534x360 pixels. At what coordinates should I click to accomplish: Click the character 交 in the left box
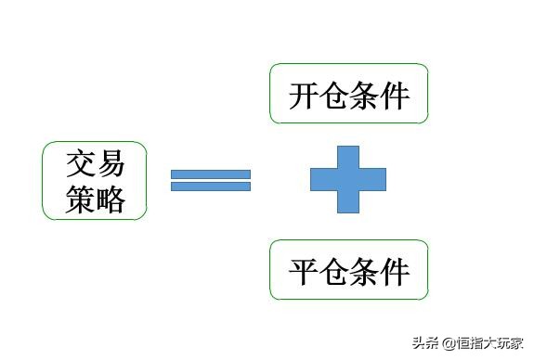[x=81, y=165]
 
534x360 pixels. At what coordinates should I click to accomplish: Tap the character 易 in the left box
[x=110, y=165]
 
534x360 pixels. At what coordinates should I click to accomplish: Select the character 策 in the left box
[x=81, y=199]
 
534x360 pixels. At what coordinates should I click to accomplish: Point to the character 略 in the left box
[x=110, y=199]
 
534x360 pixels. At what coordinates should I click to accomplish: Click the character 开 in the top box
[x=304, y=96]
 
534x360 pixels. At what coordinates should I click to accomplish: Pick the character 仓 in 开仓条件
[x=334, y=96]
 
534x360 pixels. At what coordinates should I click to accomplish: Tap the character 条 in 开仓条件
[x=365, y=96]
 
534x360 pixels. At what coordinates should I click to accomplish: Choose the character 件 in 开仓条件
[x=396, y=96]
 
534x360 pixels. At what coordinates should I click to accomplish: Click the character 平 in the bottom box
[x=304, y=272]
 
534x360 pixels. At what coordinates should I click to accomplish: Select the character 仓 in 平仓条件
[x=334, y=272]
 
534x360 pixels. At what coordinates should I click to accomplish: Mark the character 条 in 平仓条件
[x=365, y=272]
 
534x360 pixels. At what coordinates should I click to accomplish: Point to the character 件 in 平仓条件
[x=396, y=272]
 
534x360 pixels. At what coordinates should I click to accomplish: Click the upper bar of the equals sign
[x=211, y=174]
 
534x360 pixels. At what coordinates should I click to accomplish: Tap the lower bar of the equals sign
[x=211, y=186]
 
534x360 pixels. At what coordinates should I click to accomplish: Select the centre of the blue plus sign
[x=347, y=179]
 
